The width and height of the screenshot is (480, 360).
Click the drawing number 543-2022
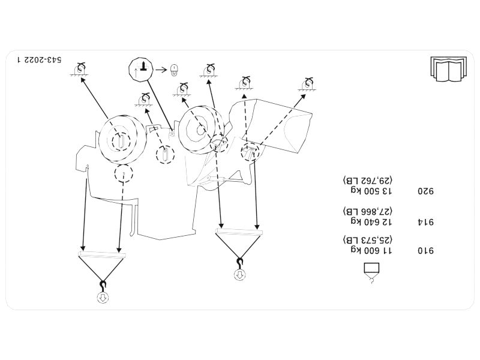coord(44,60)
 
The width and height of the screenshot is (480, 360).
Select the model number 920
coord(425,192)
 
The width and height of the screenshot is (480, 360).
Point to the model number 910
coord(425,251)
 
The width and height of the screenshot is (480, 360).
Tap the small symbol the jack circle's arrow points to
coord(175,70)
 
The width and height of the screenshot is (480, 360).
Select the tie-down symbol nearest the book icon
coord(309,84)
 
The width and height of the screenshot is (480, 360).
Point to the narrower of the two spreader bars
coord(238,232)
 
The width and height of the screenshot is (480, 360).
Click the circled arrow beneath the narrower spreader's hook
coord(239,275)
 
